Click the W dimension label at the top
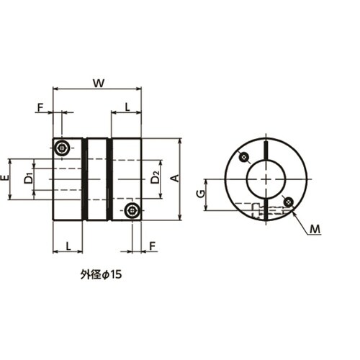(x=99, y=84)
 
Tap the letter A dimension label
(x=176, y=179)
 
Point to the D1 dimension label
(x=28, y=179)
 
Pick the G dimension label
(x=201, y=194)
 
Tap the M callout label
(x=315, y=229)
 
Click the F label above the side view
(x=40, y=107)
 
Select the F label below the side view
(x=153, y=246)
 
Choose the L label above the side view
(x=127, y=107)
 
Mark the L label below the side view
(x=68, y=246)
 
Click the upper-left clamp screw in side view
(x=62, y=148)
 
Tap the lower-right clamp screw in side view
(x=132, y=210)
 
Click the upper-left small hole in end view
(x=244, y=158)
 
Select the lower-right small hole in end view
(x=288, y=202)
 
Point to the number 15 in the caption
(x=116, y=274)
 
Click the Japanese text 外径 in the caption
(x=90, y=274)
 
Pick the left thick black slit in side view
(x=84, y=179)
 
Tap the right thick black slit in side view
(x=109, y=179)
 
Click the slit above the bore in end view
(x=266, y=150)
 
